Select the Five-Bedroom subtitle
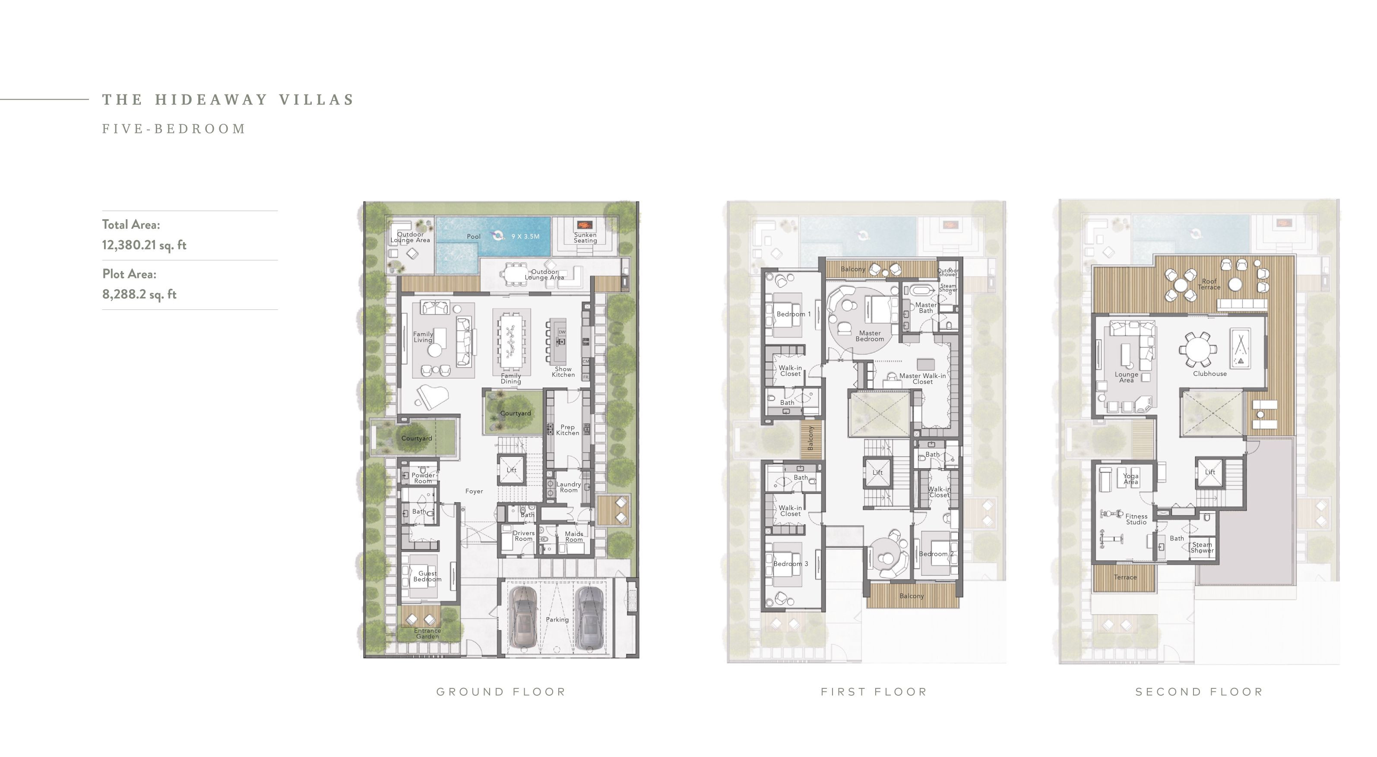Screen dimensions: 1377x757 click(174, 129)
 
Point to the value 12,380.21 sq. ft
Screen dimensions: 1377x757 click(144, 245)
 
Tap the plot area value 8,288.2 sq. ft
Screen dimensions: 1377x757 click(139, 294)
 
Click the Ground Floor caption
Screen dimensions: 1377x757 click(501, 692)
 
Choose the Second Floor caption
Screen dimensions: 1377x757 click(1199, 692)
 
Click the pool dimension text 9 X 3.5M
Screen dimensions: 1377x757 click(525, 236)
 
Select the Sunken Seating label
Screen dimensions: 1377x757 click(586, 238)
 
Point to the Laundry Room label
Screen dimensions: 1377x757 click(568, 487)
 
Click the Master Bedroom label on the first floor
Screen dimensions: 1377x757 click(870, 336)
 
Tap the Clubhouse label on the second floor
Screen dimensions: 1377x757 click(1210, 374)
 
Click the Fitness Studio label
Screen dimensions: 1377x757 click(1136, 519)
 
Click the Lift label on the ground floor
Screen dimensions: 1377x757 click(512, 470)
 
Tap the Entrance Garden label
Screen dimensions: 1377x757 click(427, 634)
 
